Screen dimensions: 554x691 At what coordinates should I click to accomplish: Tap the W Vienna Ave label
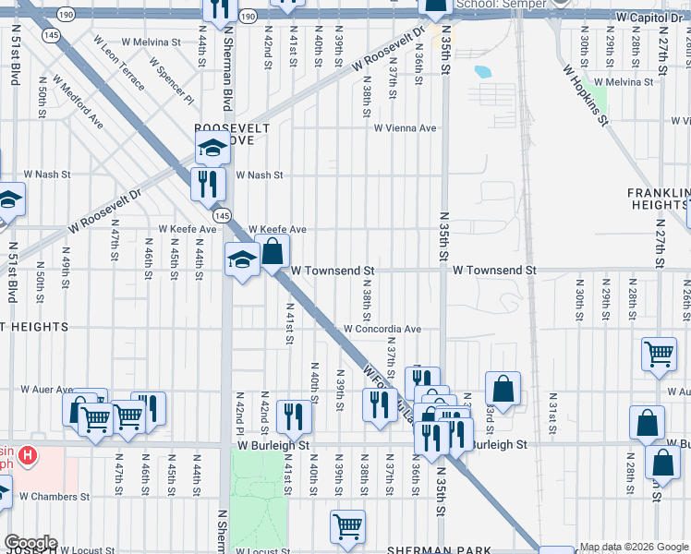[405, 128]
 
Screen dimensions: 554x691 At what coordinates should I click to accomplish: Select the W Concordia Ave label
[382, 329]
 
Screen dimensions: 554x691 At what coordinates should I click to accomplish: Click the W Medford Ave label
[77, 101]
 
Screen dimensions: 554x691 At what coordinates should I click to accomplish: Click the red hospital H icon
[29, 455]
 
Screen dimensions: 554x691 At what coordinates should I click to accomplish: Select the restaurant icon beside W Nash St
[208, 183]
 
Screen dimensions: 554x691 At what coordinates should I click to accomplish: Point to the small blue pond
[482, 71]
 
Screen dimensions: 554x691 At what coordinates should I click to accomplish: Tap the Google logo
[30, 543]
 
